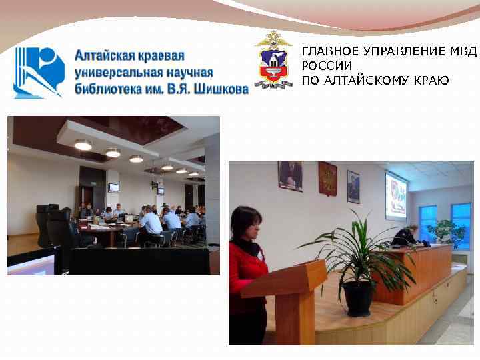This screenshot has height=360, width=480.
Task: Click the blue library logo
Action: [39, 72]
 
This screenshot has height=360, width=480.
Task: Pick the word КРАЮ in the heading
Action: [431, 81]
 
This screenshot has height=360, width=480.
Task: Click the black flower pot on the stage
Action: [358, 298]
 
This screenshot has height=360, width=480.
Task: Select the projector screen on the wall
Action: [396, 195]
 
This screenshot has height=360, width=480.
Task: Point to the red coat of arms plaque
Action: [327, 179]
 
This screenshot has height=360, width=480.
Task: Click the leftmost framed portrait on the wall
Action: [290, 177]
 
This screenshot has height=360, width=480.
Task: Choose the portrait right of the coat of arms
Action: [353, 186]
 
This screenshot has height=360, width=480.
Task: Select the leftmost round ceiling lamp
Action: [83, 145]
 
